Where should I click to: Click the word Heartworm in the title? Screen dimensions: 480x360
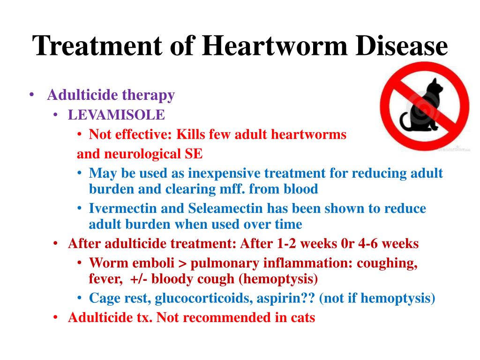(x=275, y=46)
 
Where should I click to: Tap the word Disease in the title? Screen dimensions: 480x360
(x=402, y=46)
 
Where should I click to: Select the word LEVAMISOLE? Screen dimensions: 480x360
(x=116, y=115)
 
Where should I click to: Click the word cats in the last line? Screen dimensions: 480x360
(x=303, y=318)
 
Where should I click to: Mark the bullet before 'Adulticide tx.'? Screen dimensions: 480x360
(x=55, y=317)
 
